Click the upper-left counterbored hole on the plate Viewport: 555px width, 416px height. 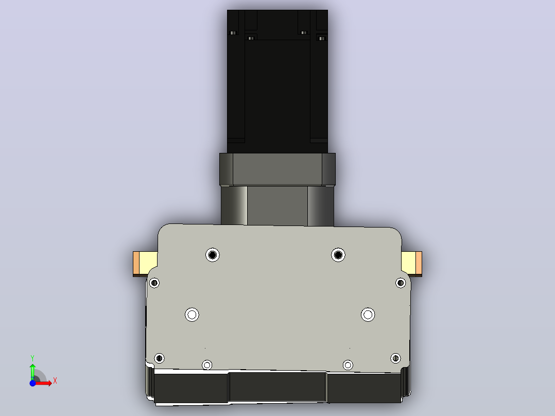tap(212, 255)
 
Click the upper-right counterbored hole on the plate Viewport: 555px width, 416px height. tap(338, 255)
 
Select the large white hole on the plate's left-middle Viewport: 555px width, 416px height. tap(192, 315)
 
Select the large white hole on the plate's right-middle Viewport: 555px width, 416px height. tap(368, 315)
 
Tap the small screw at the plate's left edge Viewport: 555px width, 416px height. tap(154, 283)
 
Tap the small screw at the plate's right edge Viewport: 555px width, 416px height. tap(401, 283)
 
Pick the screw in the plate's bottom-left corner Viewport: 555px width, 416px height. tap(159, 358)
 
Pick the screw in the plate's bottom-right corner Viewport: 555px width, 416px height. tap(395, 358)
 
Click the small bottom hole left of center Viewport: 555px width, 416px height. tap(207, 365)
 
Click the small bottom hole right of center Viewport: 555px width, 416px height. tap(348, 365)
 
